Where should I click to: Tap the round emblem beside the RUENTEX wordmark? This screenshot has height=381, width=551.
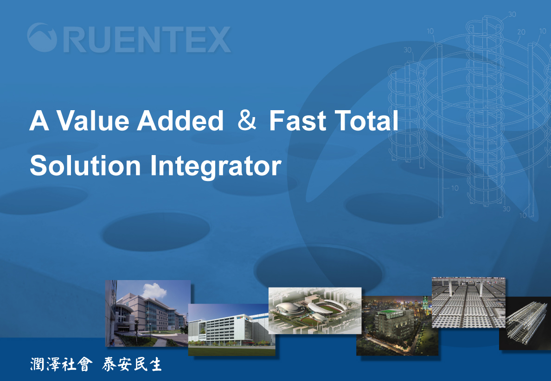(42, 37)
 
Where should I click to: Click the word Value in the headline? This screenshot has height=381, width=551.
(93, 120)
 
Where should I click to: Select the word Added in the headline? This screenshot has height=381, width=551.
(180, 120)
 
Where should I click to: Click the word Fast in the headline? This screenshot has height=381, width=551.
(298, 120)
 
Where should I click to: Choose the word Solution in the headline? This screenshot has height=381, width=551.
(85, 165)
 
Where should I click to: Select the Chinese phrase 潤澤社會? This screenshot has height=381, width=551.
(62, 364)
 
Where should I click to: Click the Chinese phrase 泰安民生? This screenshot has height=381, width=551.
(132, 364)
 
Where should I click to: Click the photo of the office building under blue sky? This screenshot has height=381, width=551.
(148, 313)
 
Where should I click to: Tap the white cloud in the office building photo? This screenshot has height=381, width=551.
(154, 290)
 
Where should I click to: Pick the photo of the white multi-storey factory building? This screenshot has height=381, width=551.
(231, 330)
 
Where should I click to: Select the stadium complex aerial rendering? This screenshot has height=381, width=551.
(315, 311)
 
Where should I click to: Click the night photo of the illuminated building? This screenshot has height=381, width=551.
(397, 326)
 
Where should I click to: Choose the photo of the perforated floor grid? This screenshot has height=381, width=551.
(468, 302)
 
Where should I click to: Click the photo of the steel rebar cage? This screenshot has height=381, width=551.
(525, 323)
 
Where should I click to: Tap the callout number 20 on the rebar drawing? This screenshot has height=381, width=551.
(521, 32)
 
